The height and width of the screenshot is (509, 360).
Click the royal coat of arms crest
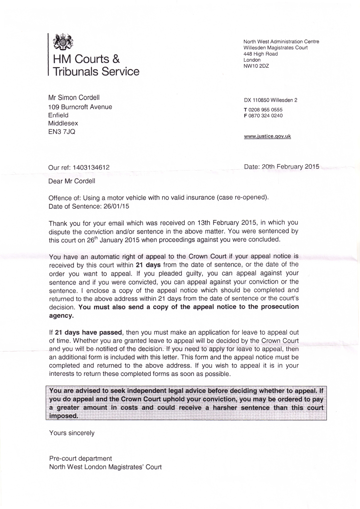63,42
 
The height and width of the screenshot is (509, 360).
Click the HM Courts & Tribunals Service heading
96,65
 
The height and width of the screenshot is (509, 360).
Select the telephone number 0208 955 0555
265,110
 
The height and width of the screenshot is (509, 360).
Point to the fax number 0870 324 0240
265,116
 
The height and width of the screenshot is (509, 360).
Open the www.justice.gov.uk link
267,136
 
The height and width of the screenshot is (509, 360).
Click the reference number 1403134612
91,167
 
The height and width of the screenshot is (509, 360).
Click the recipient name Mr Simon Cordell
74,98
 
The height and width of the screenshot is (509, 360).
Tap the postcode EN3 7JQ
62,132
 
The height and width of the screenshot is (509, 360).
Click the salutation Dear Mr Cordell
72,181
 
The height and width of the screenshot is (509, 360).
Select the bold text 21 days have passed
88,332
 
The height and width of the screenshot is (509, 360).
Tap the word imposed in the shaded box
64,416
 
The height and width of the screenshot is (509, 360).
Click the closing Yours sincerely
72,433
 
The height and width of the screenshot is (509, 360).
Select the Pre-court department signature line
80,459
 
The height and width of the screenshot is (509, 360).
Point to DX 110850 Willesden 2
270,100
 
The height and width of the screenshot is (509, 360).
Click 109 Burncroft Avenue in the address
80,107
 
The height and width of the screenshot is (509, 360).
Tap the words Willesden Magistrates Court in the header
275,48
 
